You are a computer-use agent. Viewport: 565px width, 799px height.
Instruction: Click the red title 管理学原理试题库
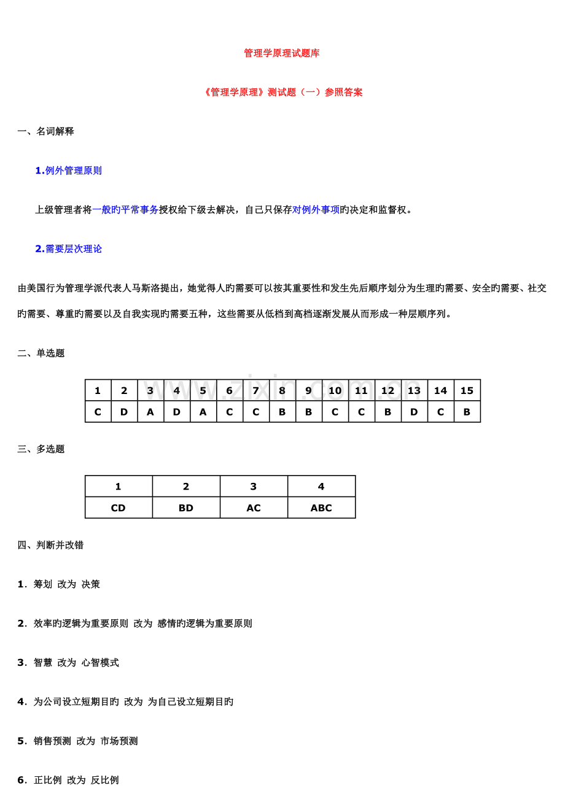coord(282,53)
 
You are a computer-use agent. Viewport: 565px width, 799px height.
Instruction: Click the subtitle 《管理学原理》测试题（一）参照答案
coord(282,93)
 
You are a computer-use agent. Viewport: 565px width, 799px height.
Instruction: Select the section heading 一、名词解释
coord(46,131)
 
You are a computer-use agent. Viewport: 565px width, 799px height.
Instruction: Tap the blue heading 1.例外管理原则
coord(68,171)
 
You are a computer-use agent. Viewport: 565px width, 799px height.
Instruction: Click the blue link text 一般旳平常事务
coord(125,210)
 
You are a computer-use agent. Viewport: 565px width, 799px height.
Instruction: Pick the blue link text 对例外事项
coord(316,210)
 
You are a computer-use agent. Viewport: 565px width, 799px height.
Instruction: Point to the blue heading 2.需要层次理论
coord(68,249)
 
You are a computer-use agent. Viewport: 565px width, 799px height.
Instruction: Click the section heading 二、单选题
coord(41,353)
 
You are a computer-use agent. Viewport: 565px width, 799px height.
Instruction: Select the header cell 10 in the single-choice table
coord(335,391)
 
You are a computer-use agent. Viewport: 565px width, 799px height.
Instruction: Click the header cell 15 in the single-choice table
coord(467,391)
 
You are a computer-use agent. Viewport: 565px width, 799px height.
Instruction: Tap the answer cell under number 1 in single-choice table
coord(98,412)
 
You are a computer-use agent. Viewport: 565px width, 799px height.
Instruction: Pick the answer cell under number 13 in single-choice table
coord(414,412)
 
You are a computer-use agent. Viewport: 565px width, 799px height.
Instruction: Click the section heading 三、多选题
coord(41,449)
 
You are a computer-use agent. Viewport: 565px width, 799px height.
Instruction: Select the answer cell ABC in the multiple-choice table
coord(321,508)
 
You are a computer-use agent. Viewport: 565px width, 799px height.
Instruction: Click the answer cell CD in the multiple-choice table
coord(119,508)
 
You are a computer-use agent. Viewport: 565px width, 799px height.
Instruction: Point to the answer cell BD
coord(186,508)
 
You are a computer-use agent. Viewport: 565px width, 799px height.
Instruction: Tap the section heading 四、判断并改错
coord(50,545)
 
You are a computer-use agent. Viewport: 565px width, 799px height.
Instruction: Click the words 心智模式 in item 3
coord(100,663)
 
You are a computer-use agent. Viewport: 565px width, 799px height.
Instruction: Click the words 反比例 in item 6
coord(104,781)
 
